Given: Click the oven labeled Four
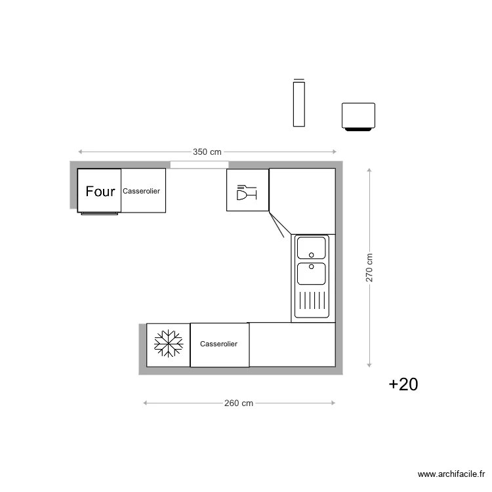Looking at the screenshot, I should [x=100, y=191].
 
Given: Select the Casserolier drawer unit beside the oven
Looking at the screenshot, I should [x=143, y=191].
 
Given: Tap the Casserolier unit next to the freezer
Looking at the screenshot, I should [x=219, y=344].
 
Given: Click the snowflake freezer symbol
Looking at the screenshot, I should [x=168, y=344].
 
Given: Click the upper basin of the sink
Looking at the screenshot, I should [x=311, y=248].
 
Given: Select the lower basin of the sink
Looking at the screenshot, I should [x=311, y=273].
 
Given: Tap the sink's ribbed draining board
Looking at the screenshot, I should [x=311, y=301].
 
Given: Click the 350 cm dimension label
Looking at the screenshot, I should [x=207, y=152].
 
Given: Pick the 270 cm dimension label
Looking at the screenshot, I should [x=369, y=268].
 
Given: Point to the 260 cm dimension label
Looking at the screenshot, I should [x=239, y=403].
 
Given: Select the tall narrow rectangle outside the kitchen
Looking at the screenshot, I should [x=299, y=103].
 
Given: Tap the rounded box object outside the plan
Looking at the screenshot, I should [x=358, y=116].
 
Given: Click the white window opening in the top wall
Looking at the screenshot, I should [x=199, y=165].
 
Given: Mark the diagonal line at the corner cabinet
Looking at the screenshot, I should [x=276, y=224].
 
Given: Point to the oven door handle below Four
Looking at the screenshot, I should [x=100, y=213].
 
